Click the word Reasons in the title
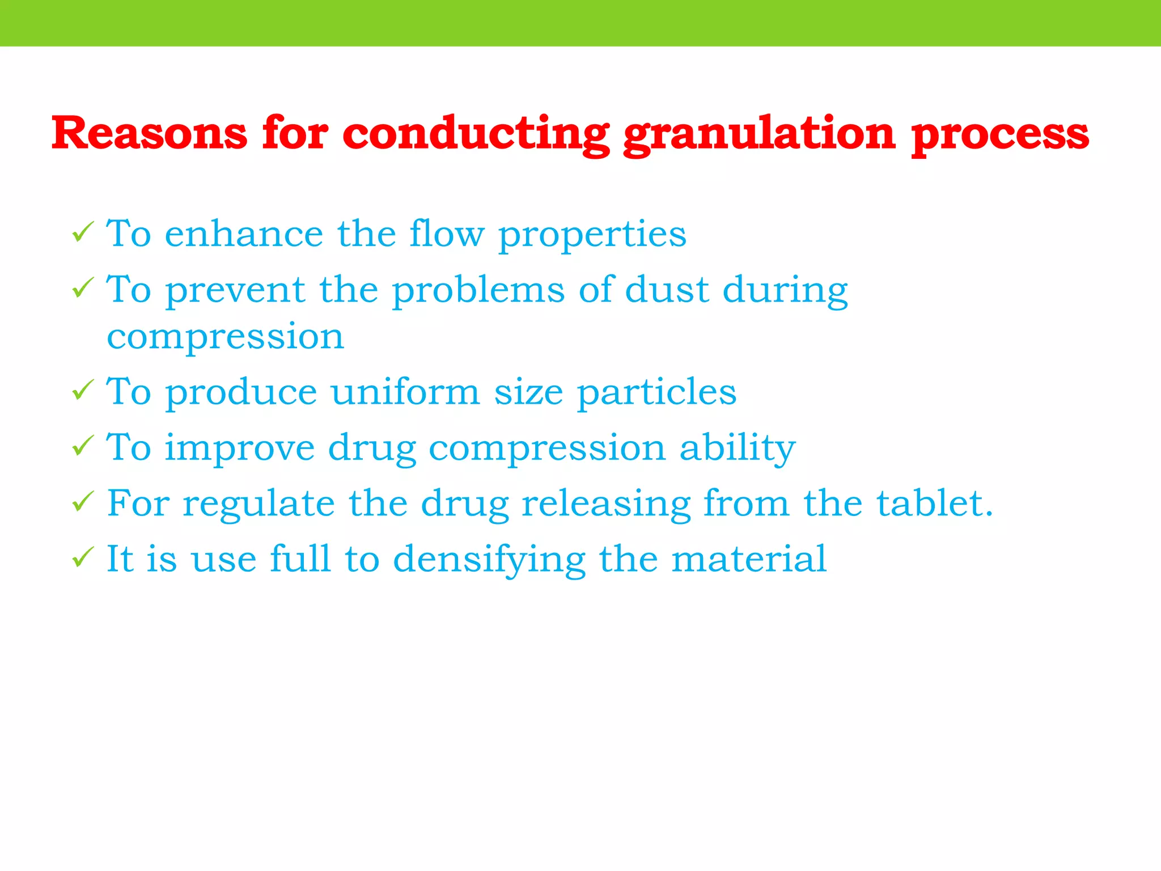(x=149, y=134)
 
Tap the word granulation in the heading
(x=759, y=135)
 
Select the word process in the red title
(x=1000, y=135)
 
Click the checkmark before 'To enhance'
(x=83, y=232)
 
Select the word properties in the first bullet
(x=592, y=235)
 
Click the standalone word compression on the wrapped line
(x=226, y=337)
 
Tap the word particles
(x=656, y=392)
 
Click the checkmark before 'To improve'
(x=83, y=446)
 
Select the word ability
(x=738, y=448)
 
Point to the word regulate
(x=259, y=504)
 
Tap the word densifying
(x=489, y=560)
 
